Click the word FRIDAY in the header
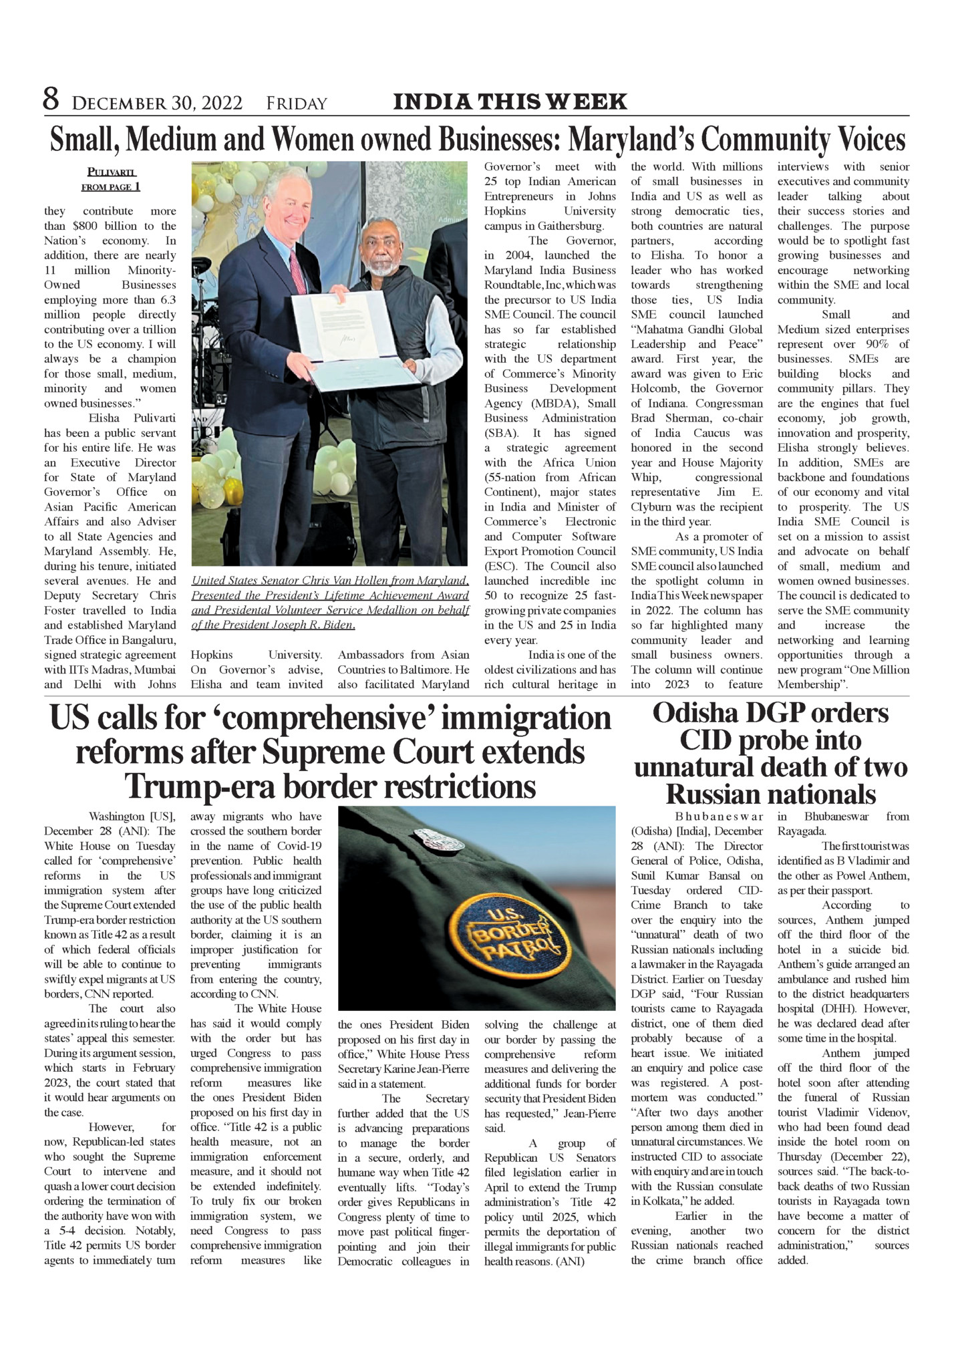pos(297,104)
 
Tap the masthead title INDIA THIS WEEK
pos(510,102)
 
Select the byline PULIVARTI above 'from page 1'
pos(112,172)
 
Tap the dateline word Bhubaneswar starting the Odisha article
pos(719,816)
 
